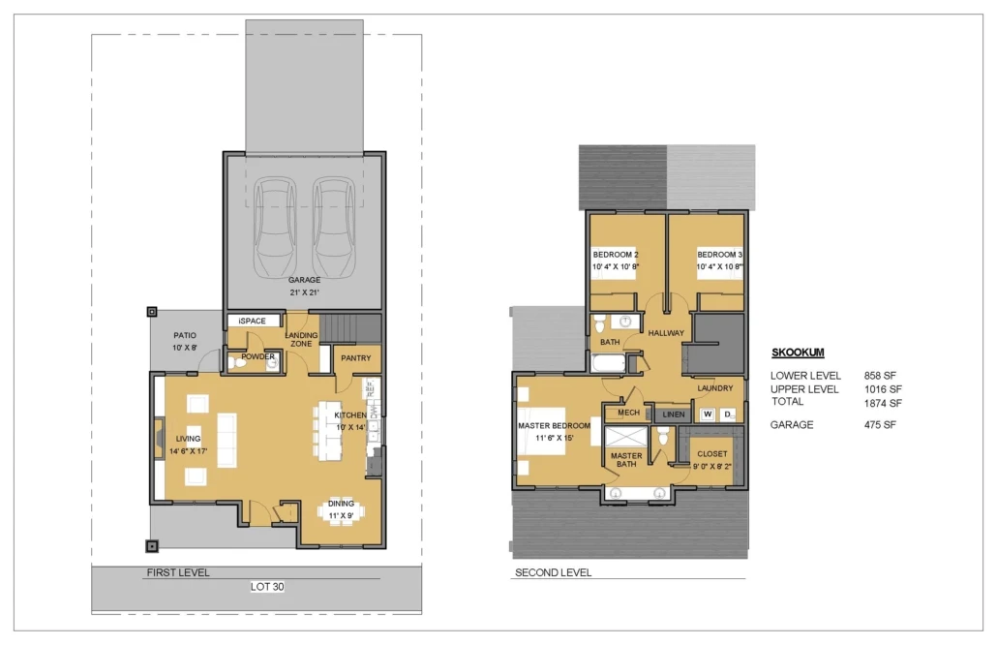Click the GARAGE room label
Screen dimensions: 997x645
point(304,280)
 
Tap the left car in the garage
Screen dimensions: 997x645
point(275,226)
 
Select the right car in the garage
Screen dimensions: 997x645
point(334,226)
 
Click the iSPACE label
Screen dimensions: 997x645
point(253,321)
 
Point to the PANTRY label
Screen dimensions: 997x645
point(355,358)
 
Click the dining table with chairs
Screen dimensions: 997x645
point(342,512)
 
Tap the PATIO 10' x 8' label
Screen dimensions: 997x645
point(185,342)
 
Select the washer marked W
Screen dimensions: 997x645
point(707,415)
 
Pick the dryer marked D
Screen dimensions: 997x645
point(728,415)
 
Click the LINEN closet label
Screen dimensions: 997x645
point(674,415)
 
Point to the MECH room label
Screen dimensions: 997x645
point(628,413)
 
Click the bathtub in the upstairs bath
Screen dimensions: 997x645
point(608,363)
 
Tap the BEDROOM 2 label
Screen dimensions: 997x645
point(616,255)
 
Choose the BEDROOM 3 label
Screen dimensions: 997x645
point(720,255)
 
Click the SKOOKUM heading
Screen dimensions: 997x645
point(798,353)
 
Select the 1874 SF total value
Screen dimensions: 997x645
point(883,403)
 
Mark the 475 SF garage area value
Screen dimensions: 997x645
point(880,425)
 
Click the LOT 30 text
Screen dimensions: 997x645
point(267,587)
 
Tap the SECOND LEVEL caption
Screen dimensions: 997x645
point(553,572)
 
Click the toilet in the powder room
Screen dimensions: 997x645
point(236,363)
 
